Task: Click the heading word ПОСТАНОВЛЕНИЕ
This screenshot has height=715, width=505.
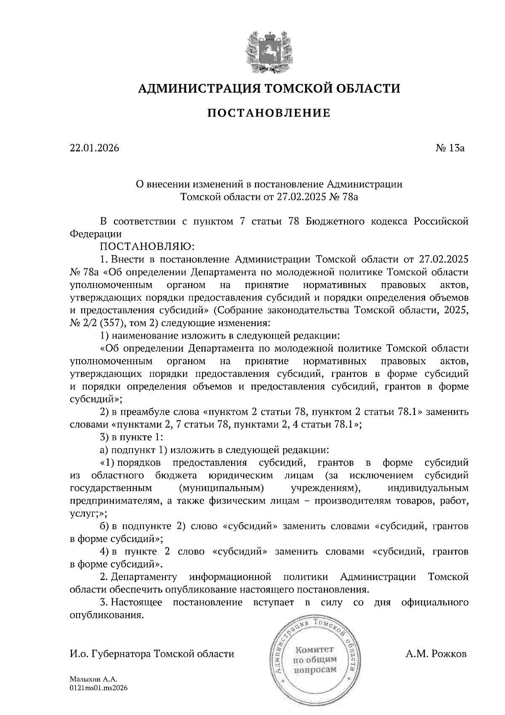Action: pos(269,113)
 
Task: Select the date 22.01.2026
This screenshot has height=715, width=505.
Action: pos(94,148)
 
